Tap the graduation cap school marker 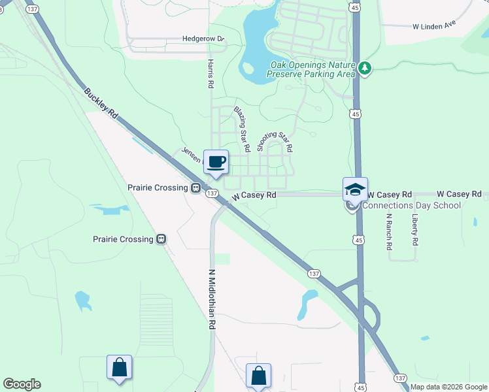click(355, 189)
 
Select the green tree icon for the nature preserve click(364, 68)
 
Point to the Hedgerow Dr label click(203, 39)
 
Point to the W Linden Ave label click(433, 27)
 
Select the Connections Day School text click(411, 206)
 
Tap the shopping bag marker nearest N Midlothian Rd click(258, 376)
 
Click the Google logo click(22, 384)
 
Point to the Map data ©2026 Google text click(448, 387)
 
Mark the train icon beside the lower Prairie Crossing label click(160, 239)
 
